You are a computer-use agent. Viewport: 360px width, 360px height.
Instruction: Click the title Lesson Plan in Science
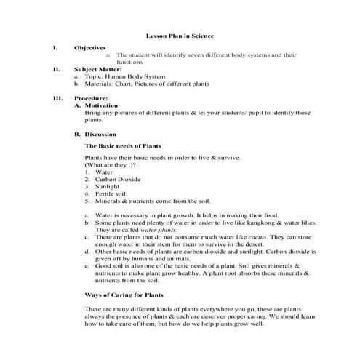180,35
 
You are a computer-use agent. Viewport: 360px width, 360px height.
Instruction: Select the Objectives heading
89,47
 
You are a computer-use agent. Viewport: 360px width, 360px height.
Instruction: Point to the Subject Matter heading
97,69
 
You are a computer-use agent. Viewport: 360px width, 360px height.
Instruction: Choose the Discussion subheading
105,135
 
